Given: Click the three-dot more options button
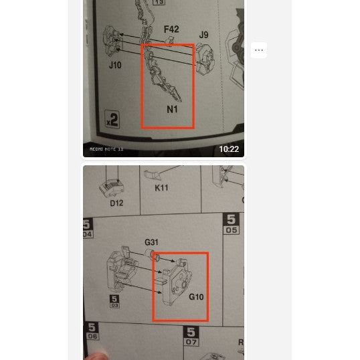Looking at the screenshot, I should click(x=259, y=50).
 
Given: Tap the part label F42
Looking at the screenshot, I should click(x=171, y=29).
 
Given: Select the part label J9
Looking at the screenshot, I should click(x=203, y=35).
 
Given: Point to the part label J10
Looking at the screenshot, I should click(x=115, y=66).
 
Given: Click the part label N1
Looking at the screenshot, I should click(x=173, y=109).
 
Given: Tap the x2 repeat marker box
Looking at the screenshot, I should click(x=112, y=120).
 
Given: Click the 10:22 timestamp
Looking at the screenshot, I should click(x=228, y=149).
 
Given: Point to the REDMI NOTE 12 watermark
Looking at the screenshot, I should click(x=107, y=149).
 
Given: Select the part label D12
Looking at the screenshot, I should click(x=116, y=203).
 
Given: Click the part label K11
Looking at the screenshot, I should click(x=161, y=188).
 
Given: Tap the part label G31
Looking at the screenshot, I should click(x=151, y=242).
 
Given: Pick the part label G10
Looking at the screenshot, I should click(x=196, y=296).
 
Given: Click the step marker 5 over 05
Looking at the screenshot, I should click(x=232, y=223).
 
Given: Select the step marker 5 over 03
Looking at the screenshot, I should click(x=114, y=302).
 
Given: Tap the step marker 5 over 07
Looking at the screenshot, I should click(x=191, y=336).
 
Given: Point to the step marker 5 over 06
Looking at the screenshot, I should click(x=91, y=332).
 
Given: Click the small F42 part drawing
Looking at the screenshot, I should click(x=170, y=42).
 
